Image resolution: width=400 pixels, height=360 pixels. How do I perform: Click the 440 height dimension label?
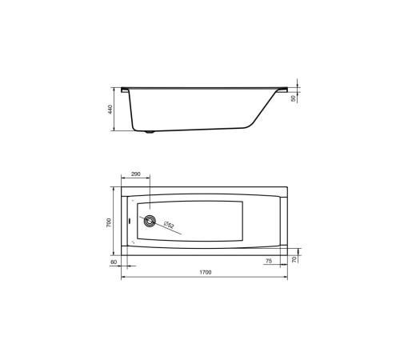click(110, 110)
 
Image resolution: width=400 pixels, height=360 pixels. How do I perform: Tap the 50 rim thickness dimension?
click(294, 98)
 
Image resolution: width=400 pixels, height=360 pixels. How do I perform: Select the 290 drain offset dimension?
click(136, 174)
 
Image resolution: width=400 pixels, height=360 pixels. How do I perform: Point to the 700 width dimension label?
click(109, 222)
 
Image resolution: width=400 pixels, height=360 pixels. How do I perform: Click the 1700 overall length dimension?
click(206, 272)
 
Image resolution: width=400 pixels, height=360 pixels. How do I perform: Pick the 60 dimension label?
click(114, 262)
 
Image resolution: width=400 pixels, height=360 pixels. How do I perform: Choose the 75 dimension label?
click(269, 261)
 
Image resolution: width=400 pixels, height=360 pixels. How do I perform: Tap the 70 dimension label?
click(294, 259)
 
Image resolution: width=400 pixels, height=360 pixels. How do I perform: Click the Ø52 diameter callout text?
click(169, 225)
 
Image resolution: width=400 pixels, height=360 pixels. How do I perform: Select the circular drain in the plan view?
click(150, 221)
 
